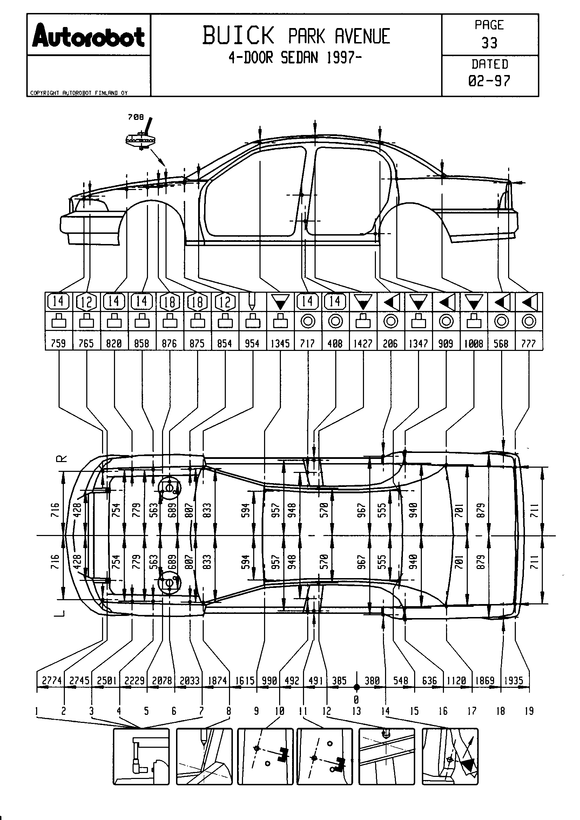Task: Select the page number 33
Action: point(489,43)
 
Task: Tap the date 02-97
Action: point(489,81)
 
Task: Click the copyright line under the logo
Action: point(79,93)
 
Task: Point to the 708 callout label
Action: point(136,117)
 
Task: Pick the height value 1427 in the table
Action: point(363,344)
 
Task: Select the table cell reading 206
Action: point(390,344)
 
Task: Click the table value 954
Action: point(252,344)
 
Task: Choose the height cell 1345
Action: point(280,344)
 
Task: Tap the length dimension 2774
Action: point(52,681)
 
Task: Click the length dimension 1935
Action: point(514,681)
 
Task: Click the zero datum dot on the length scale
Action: point(356,687)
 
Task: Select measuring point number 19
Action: point(529,711)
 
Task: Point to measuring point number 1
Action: point(36,711)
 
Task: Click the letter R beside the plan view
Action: point(61,459)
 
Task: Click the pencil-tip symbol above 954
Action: point(252,301)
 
